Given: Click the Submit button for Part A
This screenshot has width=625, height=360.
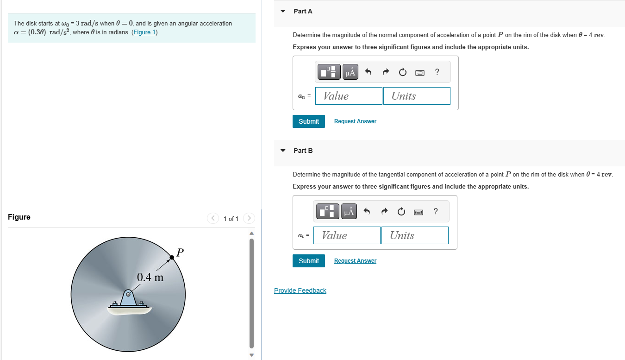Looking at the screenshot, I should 308,121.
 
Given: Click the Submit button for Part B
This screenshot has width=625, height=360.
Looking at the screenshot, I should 308,261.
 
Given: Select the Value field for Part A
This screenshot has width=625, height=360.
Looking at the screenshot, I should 349,96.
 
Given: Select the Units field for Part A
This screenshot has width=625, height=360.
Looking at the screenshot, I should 416,96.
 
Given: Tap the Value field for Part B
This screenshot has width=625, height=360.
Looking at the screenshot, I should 347,235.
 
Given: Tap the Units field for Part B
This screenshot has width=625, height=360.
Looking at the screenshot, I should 414,235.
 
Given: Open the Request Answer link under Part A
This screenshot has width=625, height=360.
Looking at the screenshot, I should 355,121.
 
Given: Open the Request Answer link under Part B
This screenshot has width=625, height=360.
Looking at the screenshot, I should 355,261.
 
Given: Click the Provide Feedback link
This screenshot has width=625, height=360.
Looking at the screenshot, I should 300,291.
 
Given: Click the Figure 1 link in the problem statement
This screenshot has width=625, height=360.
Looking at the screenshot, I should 144,32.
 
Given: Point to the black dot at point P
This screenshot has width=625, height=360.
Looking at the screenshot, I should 172,257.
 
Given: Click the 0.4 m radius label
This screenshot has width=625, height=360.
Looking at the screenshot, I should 150,278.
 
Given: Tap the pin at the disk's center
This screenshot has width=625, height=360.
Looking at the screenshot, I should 128,294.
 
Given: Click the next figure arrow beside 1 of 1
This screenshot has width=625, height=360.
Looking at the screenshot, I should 249,218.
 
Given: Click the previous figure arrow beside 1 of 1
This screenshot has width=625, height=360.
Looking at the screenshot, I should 212,218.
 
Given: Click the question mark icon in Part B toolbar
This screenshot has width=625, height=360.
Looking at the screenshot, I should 435,212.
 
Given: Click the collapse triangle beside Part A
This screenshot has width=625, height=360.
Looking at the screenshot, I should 283,11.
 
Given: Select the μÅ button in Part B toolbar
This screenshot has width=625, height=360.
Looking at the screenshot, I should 349,212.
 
